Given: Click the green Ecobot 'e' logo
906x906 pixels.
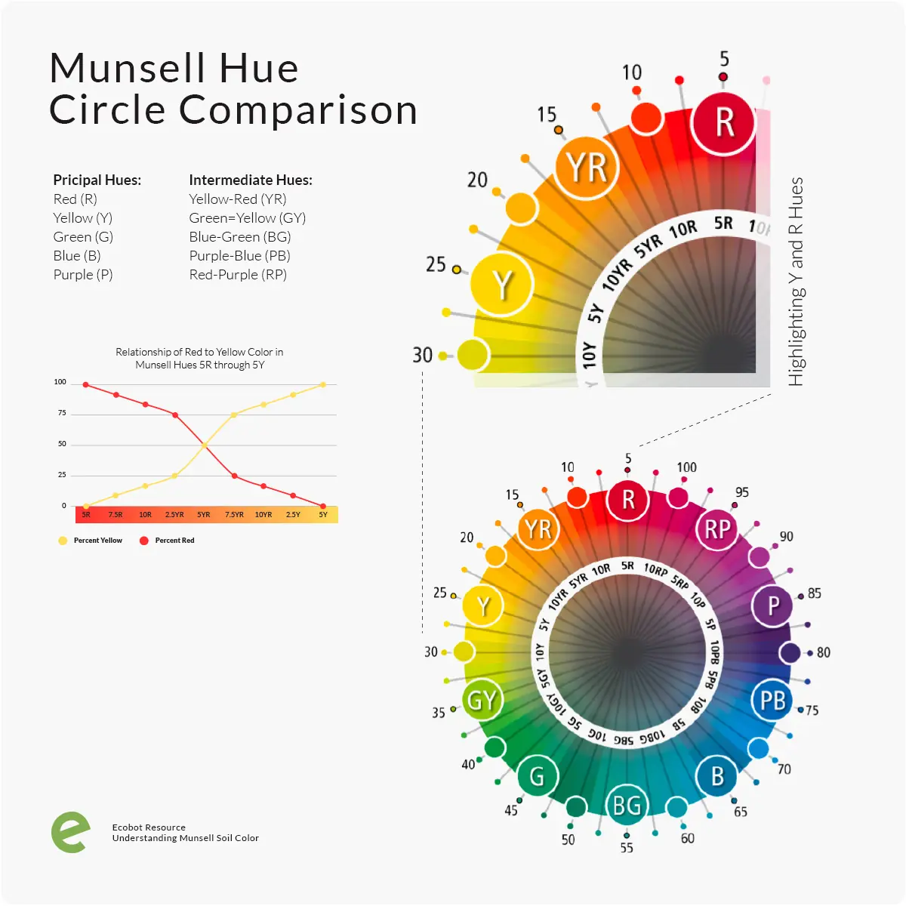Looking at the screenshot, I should click(x=70, y=833).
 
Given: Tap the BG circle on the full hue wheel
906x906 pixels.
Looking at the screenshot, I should click(x=627, y=805).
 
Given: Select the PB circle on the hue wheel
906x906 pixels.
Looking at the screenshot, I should click(x=772, y=701).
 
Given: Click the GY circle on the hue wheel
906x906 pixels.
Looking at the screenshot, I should click(x=482, y=701).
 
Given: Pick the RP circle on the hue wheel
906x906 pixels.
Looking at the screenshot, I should click(x=716, y=529).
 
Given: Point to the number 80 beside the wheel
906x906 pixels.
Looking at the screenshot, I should click(x=823, y=652).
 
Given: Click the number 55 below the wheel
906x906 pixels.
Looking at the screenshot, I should click(x=627, y=848).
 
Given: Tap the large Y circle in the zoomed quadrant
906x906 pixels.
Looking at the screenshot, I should click(x=502, y=285).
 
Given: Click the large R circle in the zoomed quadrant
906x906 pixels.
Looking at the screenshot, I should click(x=724, y=122).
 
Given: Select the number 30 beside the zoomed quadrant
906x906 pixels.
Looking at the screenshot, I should click(x=423, y=355).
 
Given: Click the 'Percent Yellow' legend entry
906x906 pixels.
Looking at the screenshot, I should click(x=97, y=541).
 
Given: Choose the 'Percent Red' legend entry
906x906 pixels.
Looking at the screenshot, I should click(x=174, y=541).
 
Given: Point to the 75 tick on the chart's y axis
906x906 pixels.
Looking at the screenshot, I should click(x=62, y=413).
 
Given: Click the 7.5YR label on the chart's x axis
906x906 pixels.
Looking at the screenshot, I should click(x=234, y=515).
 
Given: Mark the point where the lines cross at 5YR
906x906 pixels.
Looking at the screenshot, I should click(x=205, y=445).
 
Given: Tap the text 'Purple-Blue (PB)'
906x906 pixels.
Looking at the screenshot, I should click(x=239, y=256).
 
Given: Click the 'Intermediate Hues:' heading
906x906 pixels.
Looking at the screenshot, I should click(x=251, y=180).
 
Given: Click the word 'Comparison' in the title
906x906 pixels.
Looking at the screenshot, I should click(x=298, y=110).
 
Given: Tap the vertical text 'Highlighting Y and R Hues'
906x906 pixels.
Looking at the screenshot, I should click(x=796, y=282).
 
